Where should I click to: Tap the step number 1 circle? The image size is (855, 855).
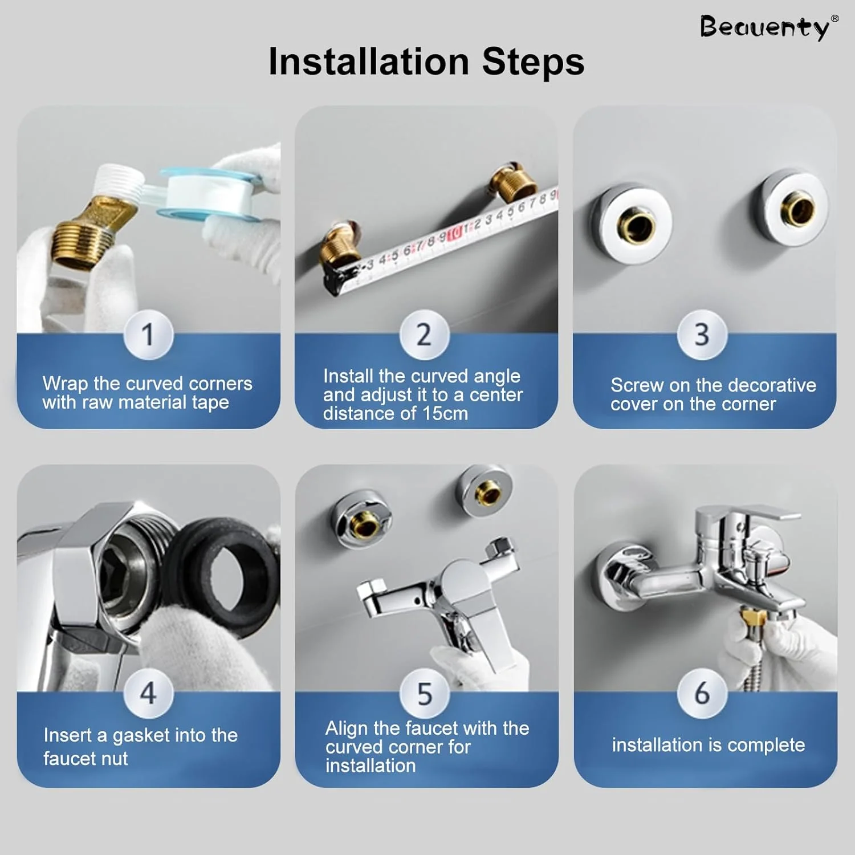click(x=148, y=335)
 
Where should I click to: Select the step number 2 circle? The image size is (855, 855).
click(x=424, y=335)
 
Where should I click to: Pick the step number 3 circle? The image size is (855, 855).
click(x=702, y=335)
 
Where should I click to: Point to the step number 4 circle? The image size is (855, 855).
click(x=148, y=693)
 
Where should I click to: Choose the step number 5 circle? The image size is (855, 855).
click(x=425, y=693)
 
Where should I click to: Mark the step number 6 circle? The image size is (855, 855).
click(x=702, y=693)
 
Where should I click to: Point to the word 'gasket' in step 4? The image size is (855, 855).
click(x=141, y=736)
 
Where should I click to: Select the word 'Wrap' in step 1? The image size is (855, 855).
click(x=65, y=384)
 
